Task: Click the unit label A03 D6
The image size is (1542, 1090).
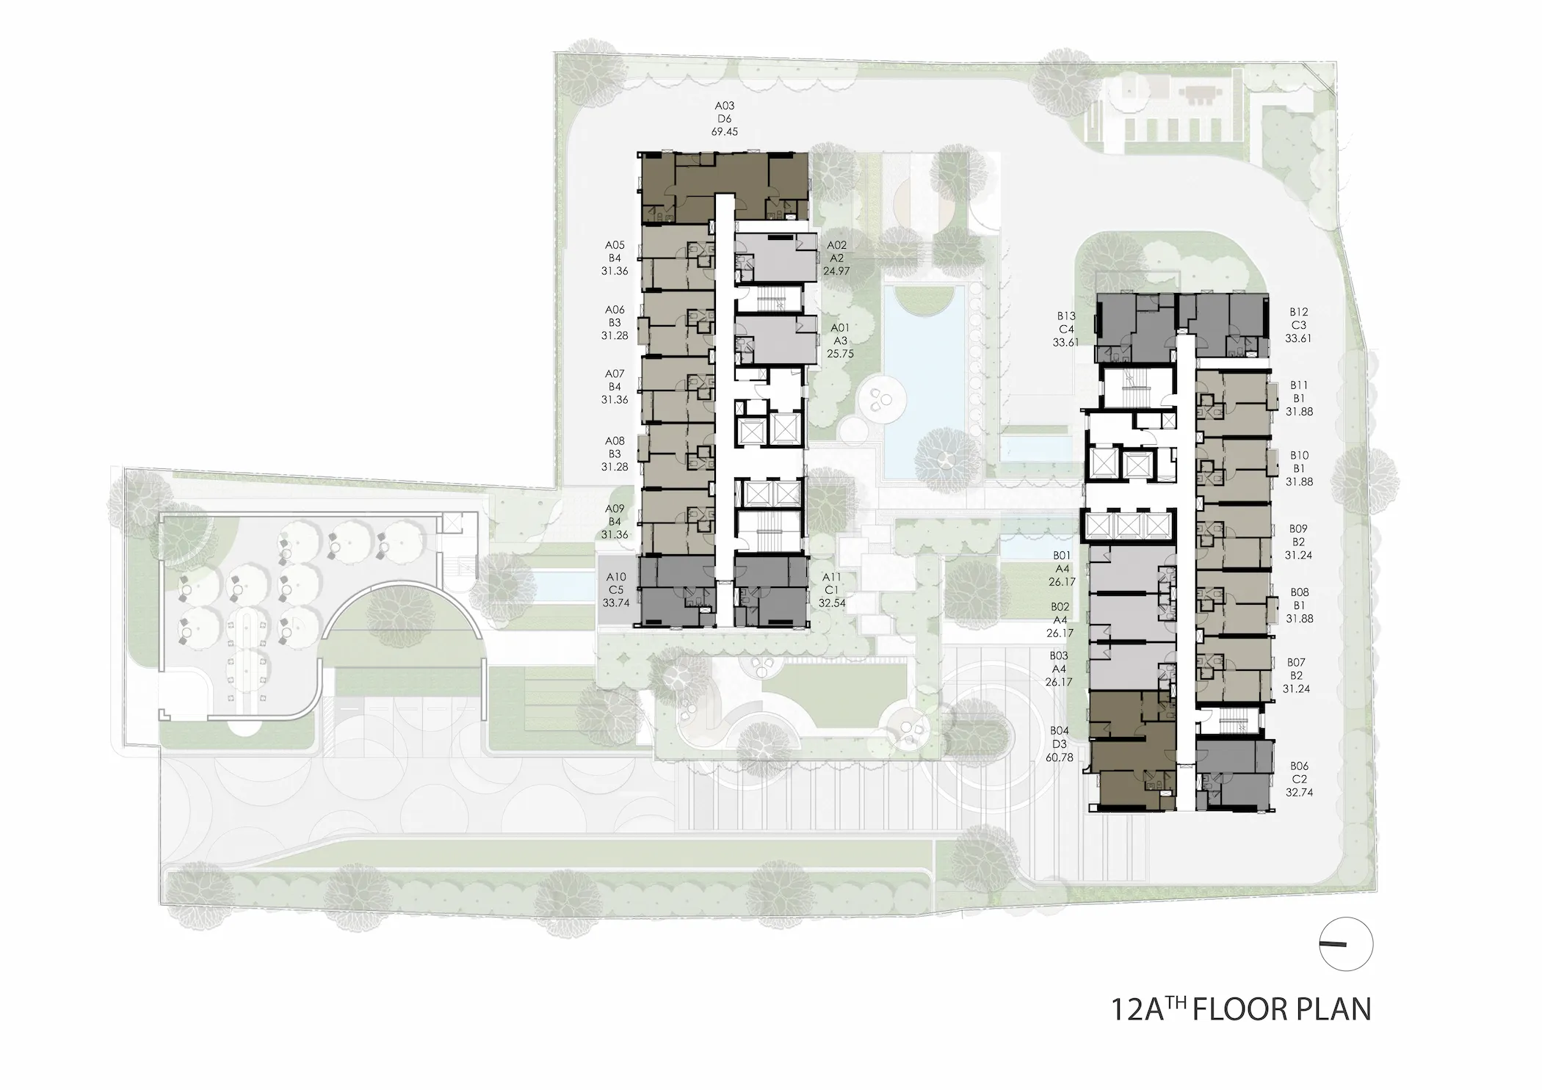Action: coord(724,112)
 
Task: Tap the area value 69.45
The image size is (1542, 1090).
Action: coord(724,132)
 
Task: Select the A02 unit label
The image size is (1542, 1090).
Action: coord(837,245)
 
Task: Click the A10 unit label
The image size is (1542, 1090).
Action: coord(616,577)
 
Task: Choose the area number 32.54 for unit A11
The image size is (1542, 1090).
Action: coord(832,603)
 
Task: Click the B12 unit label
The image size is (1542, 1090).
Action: coord(1298,312)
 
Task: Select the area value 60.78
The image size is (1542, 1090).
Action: coord(1060,757)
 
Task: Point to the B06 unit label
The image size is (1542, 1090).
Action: coord(1298,766)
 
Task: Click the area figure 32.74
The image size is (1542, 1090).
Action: coord(1299,793)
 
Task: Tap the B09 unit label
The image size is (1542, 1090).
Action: coord(1298,528)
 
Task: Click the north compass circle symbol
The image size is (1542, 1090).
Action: coord(1346,945)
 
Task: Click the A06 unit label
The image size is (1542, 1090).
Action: coord(615,310)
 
